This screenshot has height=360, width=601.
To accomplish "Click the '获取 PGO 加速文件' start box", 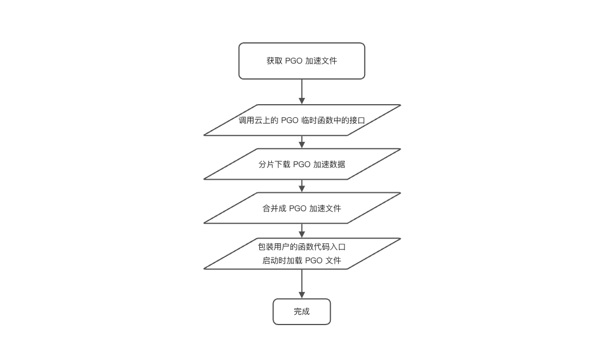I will click(x=302, y=61).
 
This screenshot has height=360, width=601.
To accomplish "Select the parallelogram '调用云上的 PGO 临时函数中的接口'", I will click(x=302, y=120).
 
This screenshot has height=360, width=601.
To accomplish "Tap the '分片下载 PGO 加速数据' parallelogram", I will click(x=302, y=164).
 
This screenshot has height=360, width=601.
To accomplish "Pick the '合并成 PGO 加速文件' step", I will click(x=302, y=208).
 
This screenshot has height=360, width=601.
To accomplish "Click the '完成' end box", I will click(x=302, y=312).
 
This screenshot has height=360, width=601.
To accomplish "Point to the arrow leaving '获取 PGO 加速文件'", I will click(x=302, y=92).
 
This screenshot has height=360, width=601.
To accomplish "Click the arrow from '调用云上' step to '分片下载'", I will click(x=302, y=142).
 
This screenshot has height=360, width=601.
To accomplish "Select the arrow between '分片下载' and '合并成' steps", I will click(x=302, y=186).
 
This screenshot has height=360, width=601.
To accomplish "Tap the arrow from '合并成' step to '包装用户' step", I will click(x=302, y=231).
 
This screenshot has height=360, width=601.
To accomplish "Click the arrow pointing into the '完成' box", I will click(x=302, y=284).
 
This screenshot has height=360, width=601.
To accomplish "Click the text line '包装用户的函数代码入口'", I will click(x=302, y=247).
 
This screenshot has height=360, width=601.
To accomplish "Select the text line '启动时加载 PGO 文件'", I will click(x=302, y=261).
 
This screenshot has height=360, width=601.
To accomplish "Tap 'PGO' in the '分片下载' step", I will click(x=302, y=164).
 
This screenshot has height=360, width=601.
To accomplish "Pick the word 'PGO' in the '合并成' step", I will click(x=298, y=208).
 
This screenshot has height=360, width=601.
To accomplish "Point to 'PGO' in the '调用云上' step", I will click(x=290, y=121).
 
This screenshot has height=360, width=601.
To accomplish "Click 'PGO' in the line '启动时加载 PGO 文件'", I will click(x=314, y=261).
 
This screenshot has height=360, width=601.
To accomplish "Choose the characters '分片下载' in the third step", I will click(x=274, y=164).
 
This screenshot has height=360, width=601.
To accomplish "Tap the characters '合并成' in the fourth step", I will click(x=274, y=208).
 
